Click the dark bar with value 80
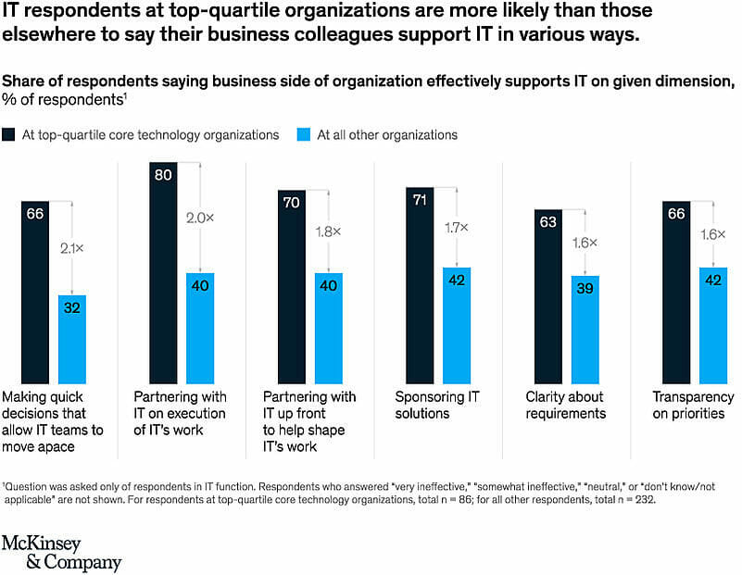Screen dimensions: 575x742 163,272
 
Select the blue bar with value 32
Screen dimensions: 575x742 72,339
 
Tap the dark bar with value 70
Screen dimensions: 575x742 292,286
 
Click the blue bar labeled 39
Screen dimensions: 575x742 585,330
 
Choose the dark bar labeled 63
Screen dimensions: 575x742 547,296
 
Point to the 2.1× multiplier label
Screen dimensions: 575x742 72,248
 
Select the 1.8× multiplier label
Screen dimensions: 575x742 328,230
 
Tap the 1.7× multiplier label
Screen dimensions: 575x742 456,227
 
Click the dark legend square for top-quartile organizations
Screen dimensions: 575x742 9,135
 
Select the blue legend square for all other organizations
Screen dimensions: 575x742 305,135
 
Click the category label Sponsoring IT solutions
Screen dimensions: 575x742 437,405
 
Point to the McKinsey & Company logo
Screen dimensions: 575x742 61,553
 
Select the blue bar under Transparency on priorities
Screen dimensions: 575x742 712,325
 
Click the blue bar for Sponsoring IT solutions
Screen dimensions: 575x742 457,325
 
